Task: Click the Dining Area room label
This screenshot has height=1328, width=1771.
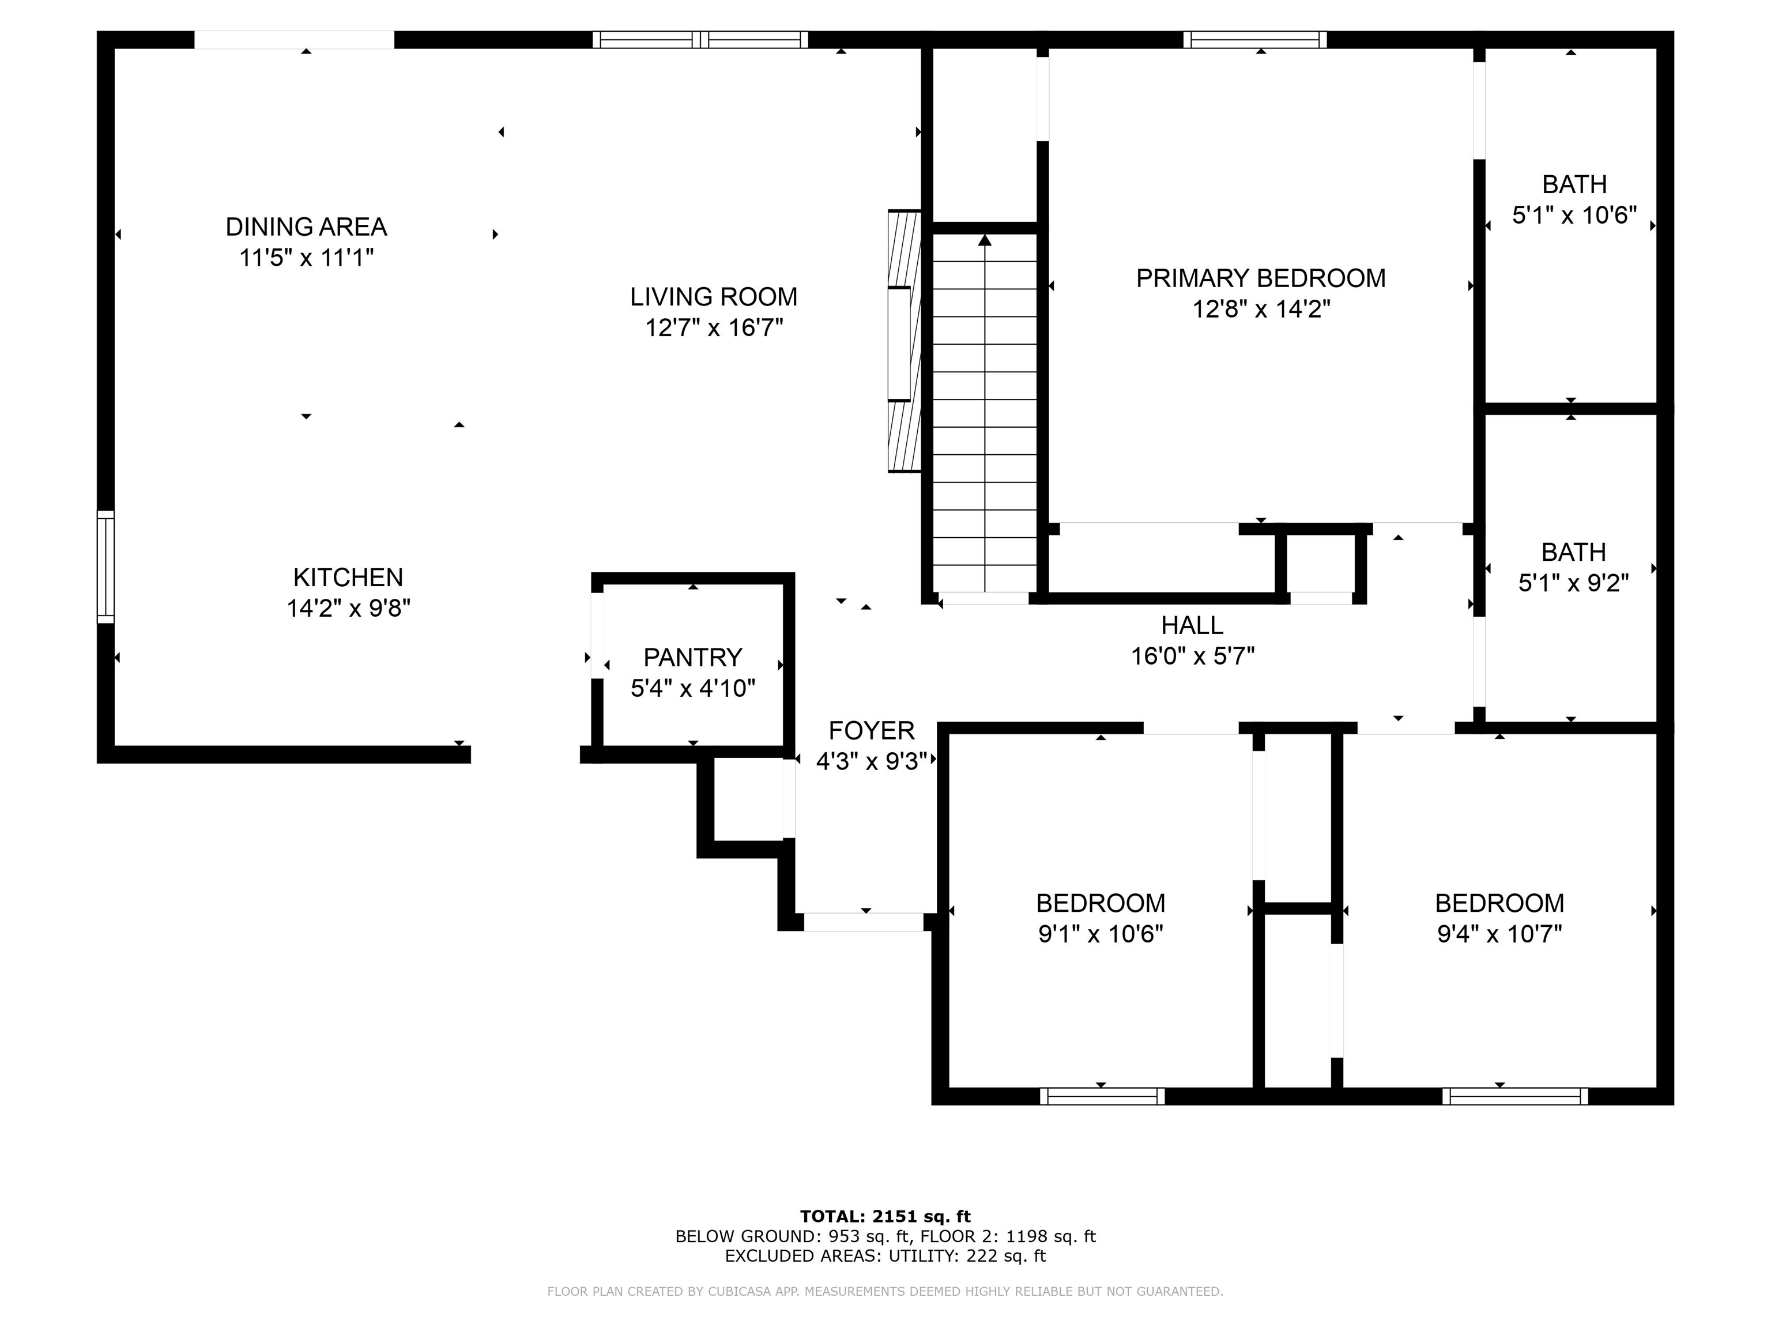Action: pos(306,227)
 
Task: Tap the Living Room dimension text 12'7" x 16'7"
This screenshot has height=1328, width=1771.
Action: pos(714,327)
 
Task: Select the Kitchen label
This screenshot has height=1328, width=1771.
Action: pos(348,577)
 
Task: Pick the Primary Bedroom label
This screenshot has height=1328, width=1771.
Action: pos(1261,278)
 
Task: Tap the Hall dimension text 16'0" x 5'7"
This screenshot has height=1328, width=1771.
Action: pos(1192,657)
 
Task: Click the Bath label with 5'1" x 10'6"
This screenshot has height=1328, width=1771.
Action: pos(1574,184)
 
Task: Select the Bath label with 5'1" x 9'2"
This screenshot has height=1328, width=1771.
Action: pos(1573,552)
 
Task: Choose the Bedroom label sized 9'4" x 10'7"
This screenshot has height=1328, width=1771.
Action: pos(1499,903)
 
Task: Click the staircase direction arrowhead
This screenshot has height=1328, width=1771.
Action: pos(985,239)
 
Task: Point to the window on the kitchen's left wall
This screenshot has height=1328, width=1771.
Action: pos(105,567)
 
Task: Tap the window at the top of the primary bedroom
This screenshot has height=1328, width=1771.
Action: pos(1254,39)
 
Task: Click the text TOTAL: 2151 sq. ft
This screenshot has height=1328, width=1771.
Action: pos(885,1217)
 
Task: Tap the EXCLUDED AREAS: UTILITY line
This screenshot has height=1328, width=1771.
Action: pos(885,1256)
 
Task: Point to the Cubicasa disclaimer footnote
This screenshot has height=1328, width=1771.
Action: pos(885,1291)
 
